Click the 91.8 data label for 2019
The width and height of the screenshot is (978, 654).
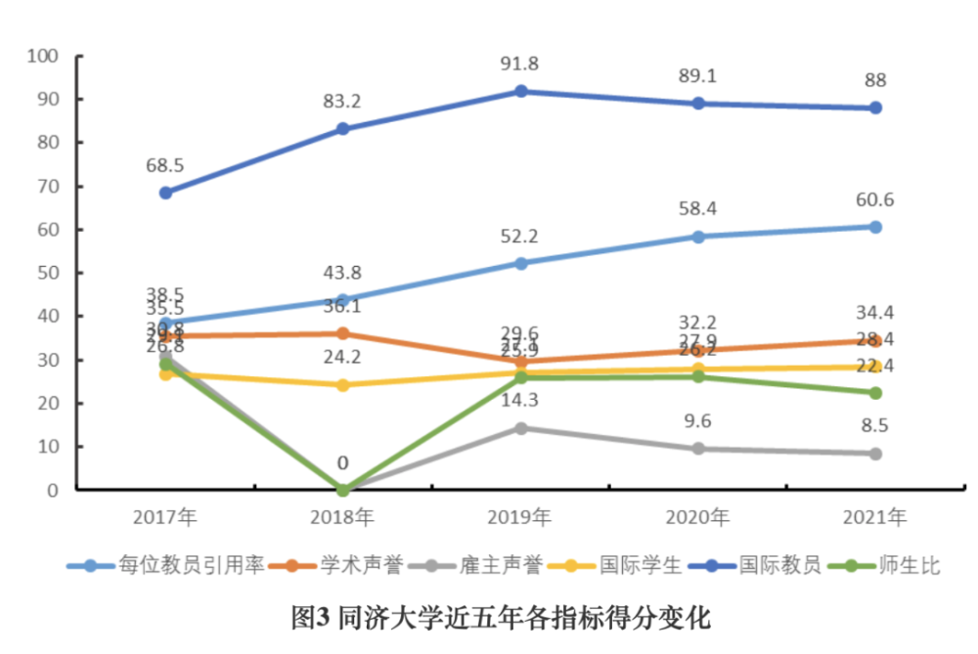point(520,64)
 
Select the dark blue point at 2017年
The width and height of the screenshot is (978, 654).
point(165,193)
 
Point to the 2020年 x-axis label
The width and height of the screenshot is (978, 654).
point(698,517)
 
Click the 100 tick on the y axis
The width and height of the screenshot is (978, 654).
point(44,56)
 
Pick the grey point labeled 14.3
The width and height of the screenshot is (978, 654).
point(521,428)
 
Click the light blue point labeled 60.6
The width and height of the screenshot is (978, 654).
point(875,227)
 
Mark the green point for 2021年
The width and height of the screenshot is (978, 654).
point(875,393)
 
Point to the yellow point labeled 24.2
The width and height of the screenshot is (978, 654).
point(343,385)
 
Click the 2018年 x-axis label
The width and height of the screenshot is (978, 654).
point(343,517)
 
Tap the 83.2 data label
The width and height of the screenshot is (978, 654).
point(342,101)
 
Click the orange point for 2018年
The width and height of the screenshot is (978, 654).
point(343,333)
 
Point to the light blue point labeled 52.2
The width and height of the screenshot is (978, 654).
point(521,263)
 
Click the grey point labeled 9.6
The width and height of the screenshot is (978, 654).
point(698,449)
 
